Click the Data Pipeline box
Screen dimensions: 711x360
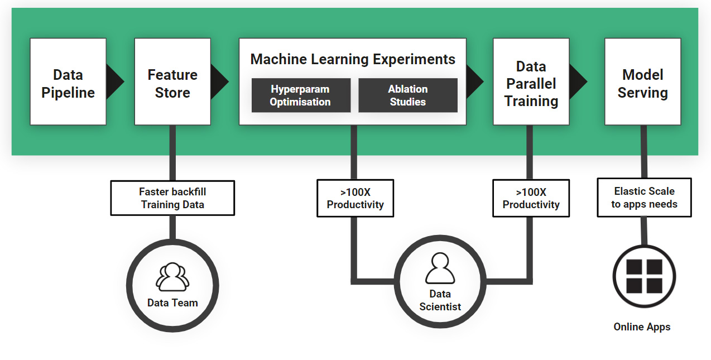(x=68, y=81)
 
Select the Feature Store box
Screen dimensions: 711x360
(x=172, y=81)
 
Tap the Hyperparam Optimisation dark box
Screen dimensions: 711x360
(x=301, y=95)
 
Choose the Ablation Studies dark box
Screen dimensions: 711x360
(x=408, y=95)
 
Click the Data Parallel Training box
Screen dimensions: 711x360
(x=531, y=81)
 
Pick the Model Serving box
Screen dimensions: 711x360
(x=643, y=81)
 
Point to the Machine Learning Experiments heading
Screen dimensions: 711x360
(x=353, y=59)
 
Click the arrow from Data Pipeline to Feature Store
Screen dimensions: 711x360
(x=115, y=81)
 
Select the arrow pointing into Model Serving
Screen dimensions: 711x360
(x=578, y=81)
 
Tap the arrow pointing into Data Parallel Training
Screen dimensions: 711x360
(x=475, y=81)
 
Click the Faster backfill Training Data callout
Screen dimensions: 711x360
(x=172, y=198)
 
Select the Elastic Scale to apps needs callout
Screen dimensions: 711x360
(x=645, y=198)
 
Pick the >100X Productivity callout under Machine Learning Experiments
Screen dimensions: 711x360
(x=355, y=198)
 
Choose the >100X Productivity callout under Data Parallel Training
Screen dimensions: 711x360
(x=531, y=198)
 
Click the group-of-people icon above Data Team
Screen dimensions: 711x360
(x=172, y=277)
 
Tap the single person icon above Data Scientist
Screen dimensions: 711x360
(x=440, y=268)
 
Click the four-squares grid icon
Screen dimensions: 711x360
(x=645, y=276)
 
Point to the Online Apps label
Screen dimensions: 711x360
(x=642, y=327)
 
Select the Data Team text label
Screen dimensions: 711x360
(x=172, y=303)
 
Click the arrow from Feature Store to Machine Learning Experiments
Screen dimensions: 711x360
(x=220, y=81)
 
